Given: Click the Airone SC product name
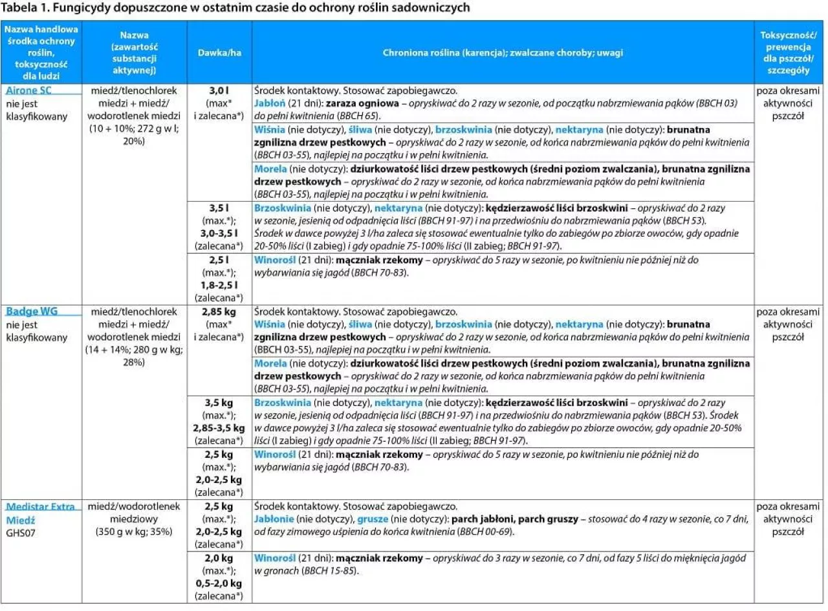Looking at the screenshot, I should tap(28, 91).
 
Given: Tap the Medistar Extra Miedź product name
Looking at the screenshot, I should tap(40, 513).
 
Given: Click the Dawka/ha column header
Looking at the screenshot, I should tap(219, 52).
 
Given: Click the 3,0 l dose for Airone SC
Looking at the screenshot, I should tap(219, 91).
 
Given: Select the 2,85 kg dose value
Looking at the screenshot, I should tap(219, 311).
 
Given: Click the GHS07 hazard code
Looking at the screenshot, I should tap(21, 532).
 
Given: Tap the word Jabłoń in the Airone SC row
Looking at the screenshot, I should tap(270, 103).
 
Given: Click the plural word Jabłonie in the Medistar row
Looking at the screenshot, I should tap(274, 519).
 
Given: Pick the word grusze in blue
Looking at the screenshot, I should tap(371, 519).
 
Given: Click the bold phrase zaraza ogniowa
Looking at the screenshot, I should tap(358, 103).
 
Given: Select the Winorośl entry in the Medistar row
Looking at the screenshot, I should tap(274, 557).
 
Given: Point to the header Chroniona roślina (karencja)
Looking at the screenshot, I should tap(503, 52).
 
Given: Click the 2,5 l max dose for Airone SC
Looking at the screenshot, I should tap(219, 260).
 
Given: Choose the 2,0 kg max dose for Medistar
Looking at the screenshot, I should tap(219, 557).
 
